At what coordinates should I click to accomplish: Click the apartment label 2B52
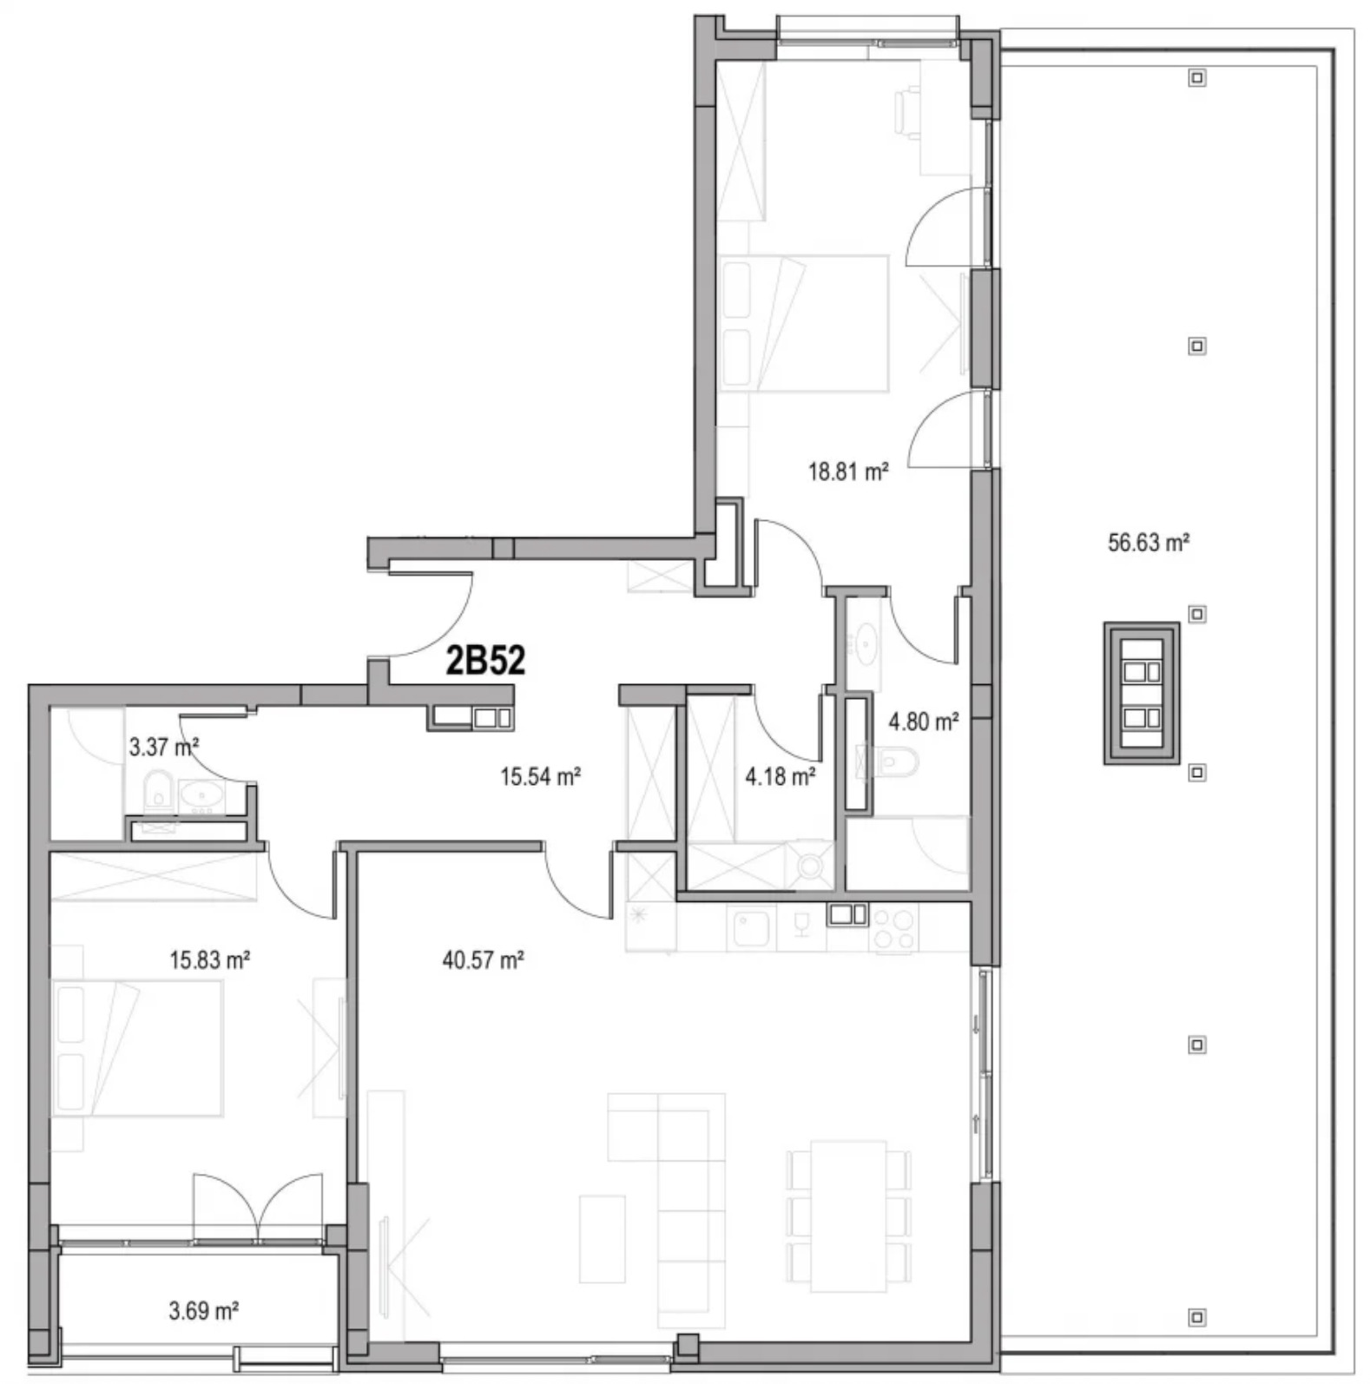click(485, 661)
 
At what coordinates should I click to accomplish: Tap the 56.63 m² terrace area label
click(1148, 543)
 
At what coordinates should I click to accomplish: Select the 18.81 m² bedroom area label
click(848, 472)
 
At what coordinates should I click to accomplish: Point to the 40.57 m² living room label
click(483, 960)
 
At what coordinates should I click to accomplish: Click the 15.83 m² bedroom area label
click(210, 960)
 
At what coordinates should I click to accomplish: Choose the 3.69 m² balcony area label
click(204, 1311)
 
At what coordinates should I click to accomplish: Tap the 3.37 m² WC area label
click(164, 747)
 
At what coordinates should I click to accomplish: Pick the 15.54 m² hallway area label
click(540, 776)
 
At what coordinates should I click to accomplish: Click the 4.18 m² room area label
click(781, 776)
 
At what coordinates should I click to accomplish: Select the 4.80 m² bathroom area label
click(924, 722)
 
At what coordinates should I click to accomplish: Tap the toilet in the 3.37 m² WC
click(157, 789)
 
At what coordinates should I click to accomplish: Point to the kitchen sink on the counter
click(752, 928)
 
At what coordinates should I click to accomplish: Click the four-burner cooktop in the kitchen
click(892, 928)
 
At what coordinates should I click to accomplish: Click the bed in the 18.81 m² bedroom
click(805, 323)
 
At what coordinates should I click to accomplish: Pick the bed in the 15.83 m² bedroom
click(138, 1048)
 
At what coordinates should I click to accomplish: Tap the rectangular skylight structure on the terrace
click(1142, 693)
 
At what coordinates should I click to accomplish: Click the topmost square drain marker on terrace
click(1197, 78)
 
